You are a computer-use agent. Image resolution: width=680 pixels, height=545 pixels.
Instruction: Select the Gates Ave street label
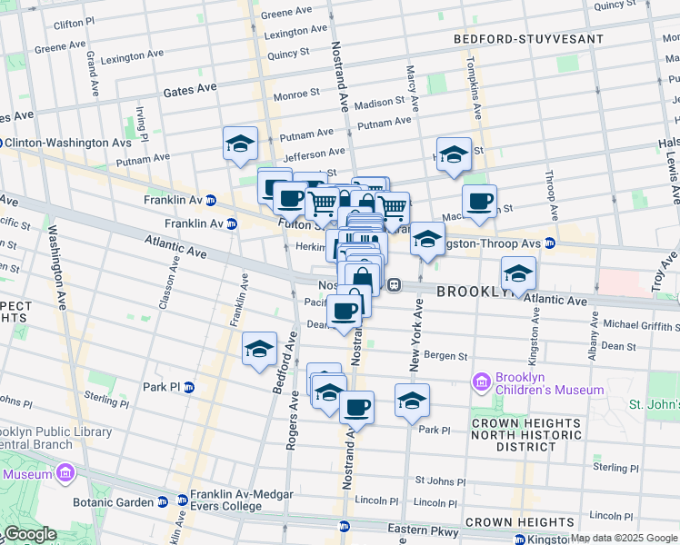click(x=190, y=90)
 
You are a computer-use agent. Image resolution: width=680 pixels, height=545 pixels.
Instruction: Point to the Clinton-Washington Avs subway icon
click(x=3, y=143)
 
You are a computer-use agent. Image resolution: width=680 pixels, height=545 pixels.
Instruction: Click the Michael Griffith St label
click(x=641, y=325)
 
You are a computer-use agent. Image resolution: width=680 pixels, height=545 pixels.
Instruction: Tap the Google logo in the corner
click(x=29, y=534)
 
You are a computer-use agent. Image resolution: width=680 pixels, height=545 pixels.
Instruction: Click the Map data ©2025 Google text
click(x=623, y=538)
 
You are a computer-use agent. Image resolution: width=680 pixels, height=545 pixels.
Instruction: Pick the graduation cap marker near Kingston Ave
click(x=518, y=272)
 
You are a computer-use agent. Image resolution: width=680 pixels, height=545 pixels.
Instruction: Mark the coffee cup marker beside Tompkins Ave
click(x=479, y=202)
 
